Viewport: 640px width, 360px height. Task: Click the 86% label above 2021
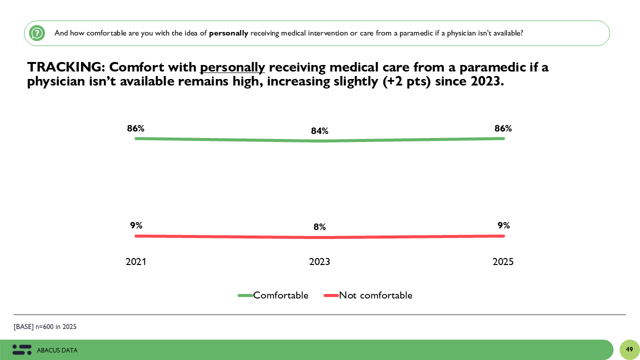[x=135, y=128]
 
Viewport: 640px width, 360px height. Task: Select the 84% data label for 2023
[x=319, y=131]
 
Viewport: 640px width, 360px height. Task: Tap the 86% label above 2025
[x=503, y=128]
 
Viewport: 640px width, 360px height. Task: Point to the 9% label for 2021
[x=136, y=225]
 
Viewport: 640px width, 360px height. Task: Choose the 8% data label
[x=319, y=227]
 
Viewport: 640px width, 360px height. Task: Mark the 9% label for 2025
[x=503, y=225]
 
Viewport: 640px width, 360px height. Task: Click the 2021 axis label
[x=136, y=262]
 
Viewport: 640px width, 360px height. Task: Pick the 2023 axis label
[x=319, y=262]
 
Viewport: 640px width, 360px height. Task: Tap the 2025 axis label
[x=503, y=262]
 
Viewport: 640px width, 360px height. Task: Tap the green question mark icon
[x=37, y=33]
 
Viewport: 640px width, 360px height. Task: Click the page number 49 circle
[x=629, y=349]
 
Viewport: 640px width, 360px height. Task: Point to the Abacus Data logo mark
[x=22, y=350]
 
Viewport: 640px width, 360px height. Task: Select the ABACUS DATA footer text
[x=57, y=350]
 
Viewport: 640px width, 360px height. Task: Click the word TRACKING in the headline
[x=64, y=67]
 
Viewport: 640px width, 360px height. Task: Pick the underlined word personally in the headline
[x=232, y=67]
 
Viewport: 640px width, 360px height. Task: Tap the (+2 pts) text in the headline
[x=407, y=81]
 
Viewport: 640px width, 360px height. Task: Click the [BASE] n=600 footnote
[x=45, y=327]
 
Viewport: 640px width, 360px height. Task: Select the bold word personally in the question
[x=228, y=33]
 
